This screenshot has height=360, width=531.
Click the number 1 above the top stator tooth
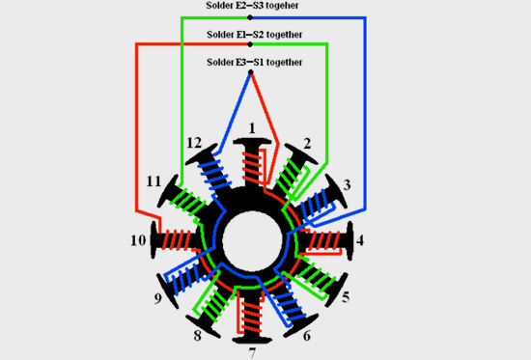[x=252, y=128]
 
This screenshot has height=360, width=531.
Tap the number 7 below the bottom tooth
[x=253, y=352]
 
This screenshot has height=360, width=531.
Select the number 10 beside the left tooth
[x=138, y=240]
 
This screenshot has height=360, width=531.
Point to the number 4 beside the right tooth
[x=360, y=240]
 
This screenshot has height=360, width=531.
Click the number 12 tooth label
[x=194, y=143]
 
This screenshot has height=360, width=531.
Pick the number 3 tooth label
[x=347, y=185]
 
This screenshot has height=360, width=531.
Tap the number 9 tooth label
[x=157, y=298]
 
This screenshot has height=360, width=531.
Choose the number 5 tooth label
[x=346, y=297]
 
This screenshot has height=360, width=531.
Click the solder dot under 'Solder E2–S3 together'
[x=250, y=17]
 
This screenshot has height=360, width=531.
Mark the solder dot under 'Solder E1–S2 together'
[x=250, y=44]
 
